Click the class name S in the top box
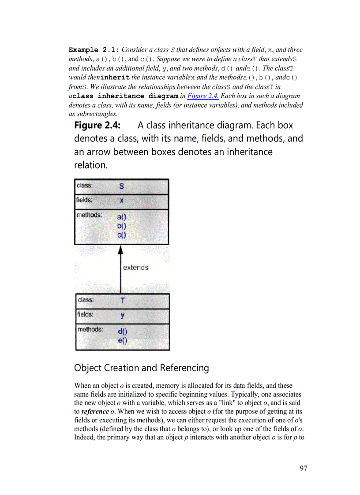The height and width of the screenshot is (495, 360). pyautogui.click(x=122, y=186)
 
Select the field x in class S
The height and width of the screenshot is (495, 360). pyautogui.click(x=122, y=201)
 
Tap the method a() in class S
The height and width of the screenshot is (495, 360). pyautogui.click(x=122, y=217)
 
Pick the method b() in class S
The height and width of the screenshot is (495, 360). pyautogui.click(x=122, y=226)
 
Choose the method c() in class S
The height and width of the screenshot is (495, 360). pyautogui.click(x=122, y=235)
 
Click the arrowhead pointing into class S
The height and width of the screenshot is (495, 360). pyautogui.click(x=120, y=249)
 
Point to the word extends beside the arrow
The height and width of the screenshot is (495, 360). pyautogui.click(x=135, y=268)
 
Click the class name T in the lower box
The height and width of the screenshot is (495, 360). pyautogui.click(x=122, y=301)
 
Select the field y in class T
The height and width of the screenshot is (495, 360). pyautogui.click(x=122, y=315)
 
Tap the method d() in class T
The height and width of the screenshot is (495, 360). pyautogui.click(x=122, y=331)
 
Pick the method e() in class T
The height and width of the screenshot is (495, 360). pyautogui.click(x=122, y=340)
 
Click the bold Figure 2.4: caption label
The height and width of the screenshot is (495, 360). pyautogui.click(x=97, y=125)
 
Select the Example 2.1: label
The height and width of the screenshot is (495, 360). pyautogui.click(x=94, y=50)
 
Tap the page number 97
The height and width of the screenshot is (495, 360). pyautogui.click(x=303, y=468)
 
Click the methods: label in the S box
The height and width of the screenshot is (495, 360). pyautogui.click(x=89, y=215)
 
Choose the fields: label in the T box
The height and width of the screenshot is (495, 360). pyautogui.click(x=85, y=314)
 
